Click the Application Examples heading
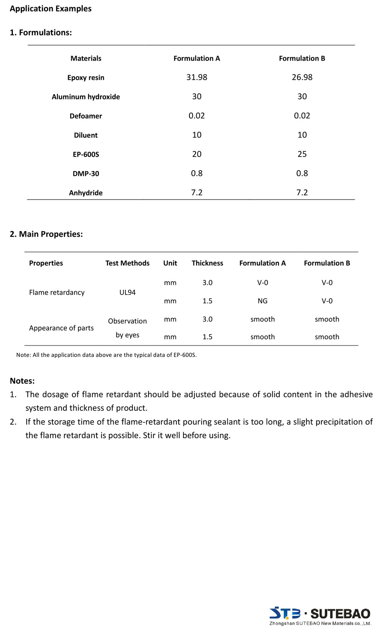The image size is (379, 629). [x=50, y=9]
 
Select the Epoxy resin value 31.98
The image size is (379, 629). [x=197, y=77]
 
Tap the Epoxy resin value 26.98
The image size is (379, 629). [x=302, y=77]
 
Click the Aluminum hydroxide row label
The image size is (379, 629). [x=86, y=97]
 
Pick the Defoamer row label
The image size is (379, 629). [x=86, y=116]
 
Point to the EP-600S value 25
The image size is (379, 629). [x=302, y=154]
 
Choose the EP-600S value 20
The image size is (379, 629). [x=197, y=154]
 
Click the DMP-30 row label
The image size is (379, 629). [x=86, y=174]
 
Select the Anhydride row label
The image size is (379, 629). [x=86, y=193]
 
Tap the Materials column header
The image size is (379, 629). [x=86, y=58]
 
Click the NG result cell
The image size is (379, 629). [x=262, y=301]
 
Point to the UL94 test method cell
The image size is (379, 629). [x=127, y=292]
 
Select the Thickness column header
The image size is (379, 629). [x=207, y=263]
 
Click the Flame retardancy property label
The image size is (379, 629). [x=57, y=292]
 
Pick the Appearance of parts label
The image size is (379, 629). [x=61, y=328]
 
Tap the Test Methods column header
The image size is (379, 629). [x=127, y=263]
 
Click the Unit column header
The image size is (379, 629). [x=170, y=263]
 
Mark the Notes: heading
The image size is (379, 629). [x=22, y=381]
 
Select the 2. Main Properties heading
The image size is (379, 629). [x=46, y=234]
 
